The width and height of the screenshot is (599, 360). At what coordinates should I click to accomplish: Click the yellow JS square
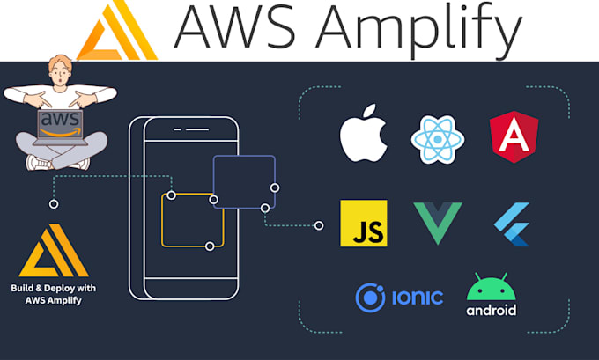(x=363, y=224)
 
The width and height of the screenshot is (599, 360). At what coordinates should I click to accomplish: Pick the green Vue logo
(x=438, y=224)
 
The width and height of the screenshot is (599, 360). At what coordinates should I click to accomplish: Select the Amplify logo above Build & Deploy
(x=57, y=251)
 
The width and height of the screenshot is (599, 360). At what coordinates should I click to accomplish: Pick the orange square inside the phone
(x=191, y=220)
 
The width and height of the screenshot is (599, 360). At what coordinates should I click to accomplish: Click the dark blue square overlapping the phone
(x=244, y=182)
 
